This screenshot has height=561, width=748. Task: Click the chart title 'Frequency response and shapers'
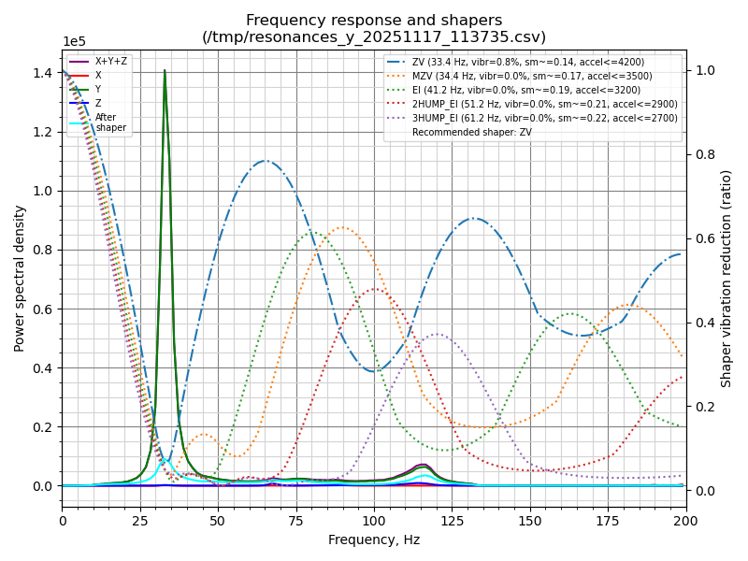click(374, 20)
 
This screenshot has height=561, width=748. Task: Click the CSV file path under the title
click(374, 36)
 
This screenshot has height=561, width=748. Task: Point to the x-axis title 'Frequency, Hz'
click(374, 539)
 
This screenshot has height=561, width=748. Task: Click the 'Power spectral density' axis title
click(20, 278)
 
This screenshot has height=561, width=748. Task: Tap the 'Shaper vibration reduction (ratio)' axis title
click(726, 278)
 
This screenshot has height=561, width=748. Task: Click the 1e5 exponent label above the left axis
click(74, 42)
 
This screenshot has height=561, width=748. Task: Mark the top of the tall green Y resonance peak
click(165, 71)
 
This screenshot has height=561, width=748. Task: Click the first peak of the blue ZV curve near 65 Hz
click(265, 161)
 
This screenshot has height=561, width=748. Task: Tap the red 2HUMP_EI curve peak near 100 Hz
click(374, 289)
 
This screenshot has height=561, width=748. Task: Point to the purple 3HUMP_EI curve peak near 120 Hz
click(437, 334)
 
